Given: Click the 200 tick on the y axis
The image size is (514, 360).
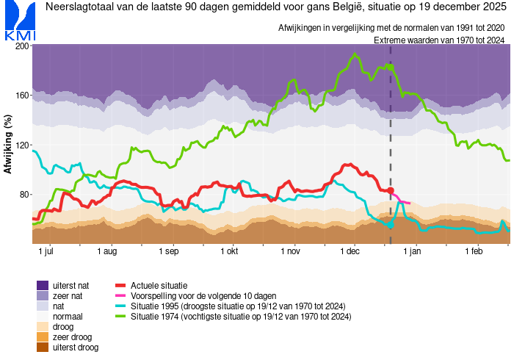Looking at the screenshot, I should coord(21,46).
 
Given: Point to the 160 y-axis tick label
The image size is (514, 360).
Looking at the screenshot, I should coord(21,96).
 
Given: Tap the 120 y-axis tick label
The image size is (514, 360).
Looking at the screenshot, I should coord(21,145).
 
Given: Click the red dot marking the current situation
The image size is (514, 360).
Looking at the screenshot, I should coord(391,190).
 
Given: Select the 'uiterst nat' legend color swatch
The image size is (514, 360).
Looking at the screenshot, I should coord(43,285).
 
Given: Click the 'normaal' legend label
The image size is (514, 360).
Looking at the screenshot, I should coord(68,316).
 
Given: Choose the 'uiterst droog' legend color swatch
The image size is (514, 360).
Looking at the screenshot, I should coord(43,347).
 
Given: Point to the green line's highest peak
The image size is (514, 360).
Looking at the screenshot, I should coord(355,54).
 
